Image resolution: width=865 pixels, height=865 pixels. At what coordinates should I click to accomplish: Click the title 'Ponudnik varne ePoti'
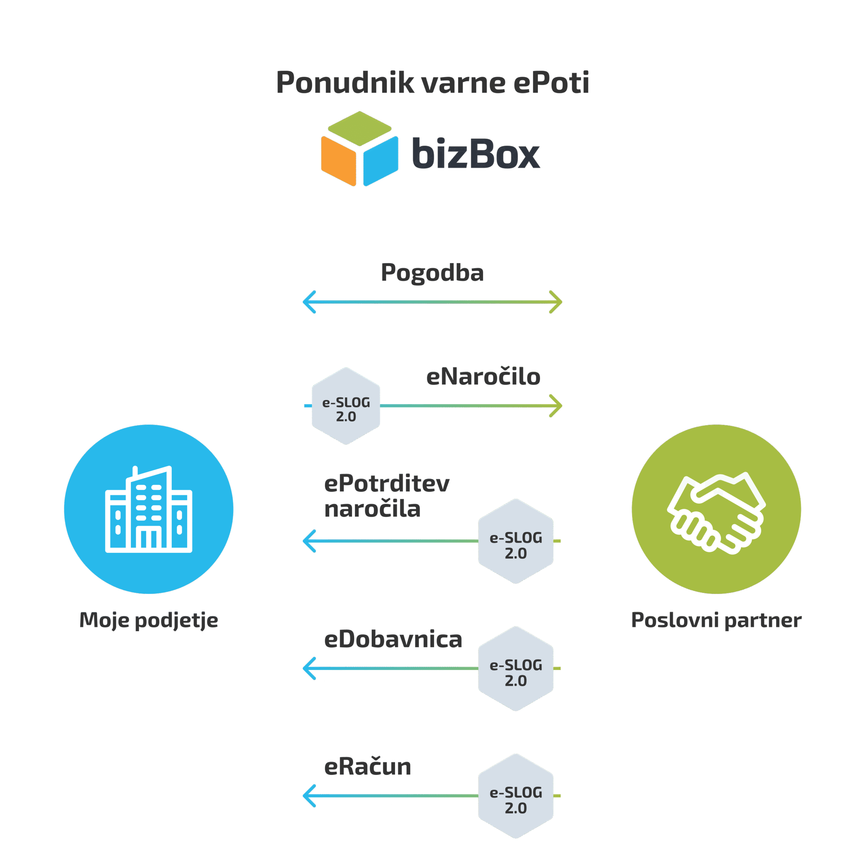[x=432, y=82]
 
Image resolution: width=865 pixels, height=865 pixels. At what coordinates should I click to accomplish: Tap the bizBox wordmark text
[x=476, y=153]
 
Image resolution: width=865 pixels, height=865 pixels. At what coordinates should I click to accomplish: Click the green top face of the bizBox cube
[x=360, y=128]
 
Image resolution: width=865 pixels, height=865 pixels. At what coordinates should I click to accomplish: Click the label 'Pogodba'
[x=432, y=272]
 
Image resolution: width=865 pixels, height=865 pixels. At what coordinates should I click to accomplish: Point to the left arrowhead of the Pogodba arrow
[x=309, y=302]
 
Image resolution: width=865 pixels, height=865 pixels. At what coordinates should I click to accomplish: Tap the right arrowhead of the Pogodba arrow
[x=556, y=302]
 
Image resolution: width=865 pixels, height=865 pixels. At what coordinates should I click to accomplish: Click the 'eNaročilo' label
[x=483, y=376]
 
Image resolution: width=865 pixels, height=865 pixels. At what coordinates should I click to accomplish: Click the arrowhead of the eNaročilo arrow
[x=556, y=405]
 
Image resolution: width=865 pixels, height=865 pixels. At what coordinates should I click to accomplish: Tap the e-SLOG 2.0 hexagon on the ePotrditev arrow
[x=516, y=541]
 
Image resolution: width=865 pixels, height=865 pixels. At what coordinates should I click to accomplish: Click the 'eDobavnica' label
[x=393, y=639]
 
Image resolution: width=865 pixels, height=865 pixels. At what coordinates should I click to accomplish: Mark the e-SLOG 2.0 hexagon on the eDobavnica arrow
[x=516, y=668]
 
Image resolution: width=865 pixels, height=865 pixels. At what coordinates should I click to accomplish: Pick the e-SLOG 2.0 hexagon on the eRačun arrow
[x=516, y=796]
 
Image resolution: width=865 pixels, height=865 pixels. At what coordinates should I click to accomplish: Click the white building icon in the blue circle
[x=149, y=510]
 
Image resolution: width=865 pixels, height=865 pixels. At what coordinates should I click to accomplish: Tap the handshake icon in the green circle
[x=716, y=513]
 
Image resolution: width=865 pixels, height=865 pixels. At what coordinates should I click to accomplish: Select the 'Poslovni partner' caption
[x=716, y=620]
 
